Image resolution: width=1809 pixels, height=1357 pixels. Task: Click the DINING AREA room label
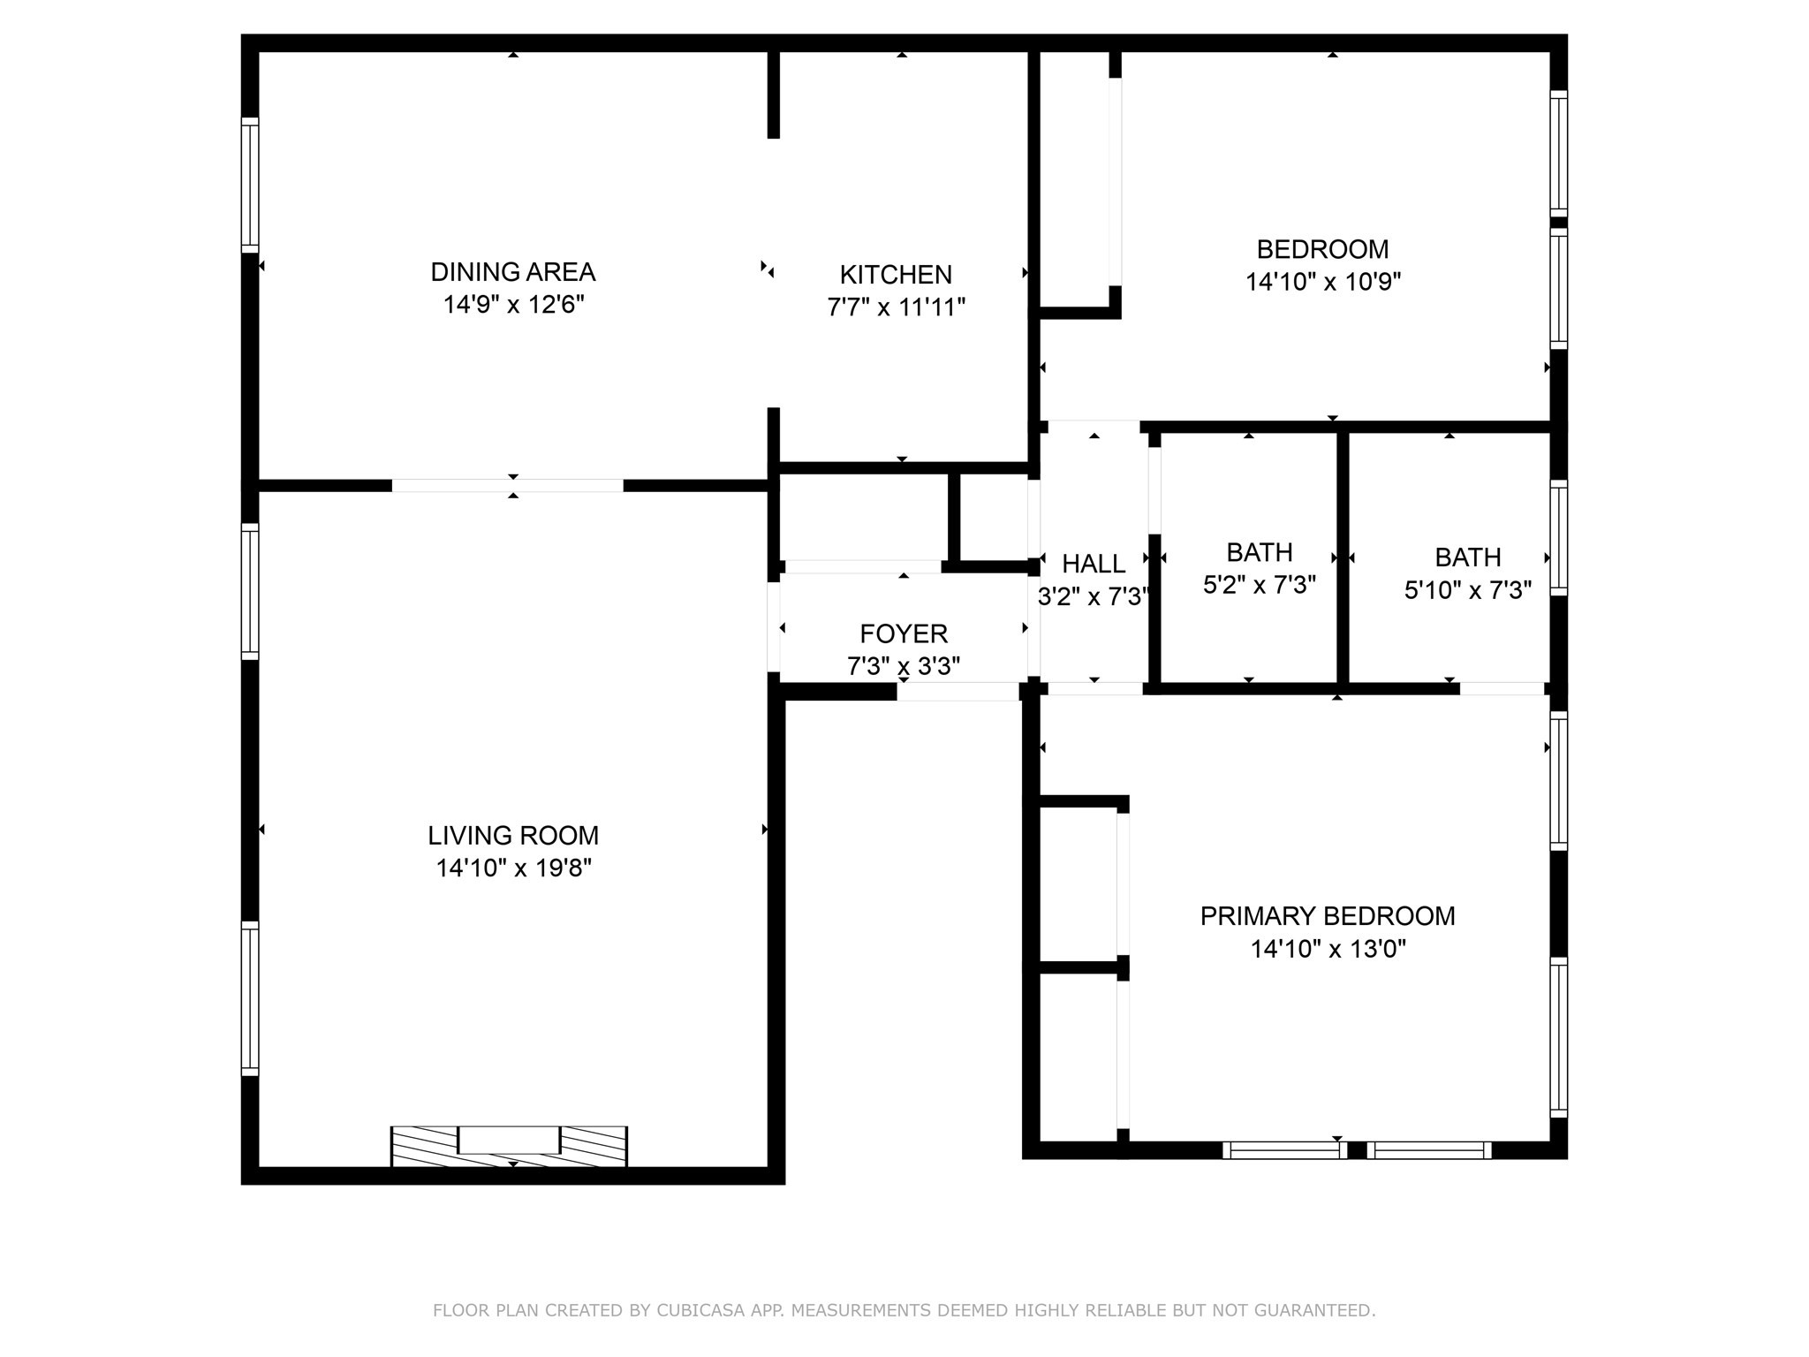coord(512,271)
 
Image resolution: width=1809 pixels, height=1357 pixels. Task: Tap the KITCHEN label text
coord(895,275)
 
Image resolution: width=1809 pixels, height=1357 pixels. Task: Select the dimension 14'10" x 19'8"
coord(513,868)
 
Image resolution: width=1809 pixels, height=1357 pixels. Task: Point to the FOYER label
coord(903,633)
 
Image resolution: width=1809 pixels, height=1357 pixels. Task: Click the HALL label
coord(1093,564)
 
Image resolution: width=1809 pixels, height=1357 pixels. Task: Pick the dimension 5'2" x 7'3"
coord(1259,585)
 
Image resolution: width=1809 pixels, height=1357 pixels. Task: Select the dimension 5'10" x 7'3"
coord(1467,590)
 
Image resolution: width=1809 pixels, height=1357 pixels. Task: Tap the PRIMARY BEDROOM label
coord(1327,916)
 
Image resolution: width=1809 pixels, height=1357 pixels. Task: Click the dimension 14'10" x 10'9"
coord(1322,282)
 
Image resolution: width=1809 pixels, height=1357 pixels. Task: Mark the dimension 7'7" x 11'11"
coord(895,307)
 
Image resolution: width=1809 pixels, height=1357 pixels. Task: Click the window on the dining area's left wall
coord(250,185)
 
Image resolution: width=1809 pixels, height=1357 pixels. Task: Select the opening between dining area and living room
coord(507,485)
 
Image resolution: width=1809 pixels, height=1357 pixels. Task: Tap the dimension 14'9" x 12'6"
coord(512,305)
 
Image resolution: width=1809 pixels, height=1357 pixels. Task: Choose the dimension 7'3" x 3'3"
coord(903,666)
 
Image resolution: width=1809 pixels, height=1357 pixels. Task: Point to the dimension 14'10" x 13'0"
coord(1327,949)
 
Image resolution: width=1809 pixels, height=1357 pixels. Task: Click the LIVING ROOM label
coord(513,835)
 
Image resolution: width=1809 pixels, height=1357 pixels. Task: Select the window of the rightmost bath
coord(1558,538)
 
